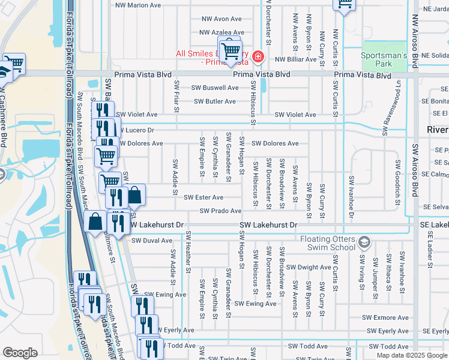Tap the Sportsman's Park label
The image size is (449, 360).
pos(384,59)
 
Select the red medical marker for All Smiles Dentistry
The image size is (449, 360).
pos(258,57)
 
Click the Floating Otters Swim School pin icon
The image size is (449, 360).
pos(363,242)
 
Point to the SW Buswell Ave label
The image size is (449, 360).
pos(215,88)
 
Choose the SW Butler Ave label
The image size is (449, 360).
pos(214,101)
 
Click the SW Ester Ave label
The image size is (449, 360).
pos(203,197)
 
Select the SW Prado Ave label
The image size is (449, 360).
pos(221,211)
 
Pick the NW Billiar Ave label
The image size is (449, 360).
pos(295,59)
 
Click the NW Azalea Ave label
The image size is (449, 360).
pos(221,32)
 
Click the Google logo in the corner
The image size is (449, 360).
pos(20,353)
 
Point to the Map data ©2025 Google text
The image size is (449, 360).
pos(411,355)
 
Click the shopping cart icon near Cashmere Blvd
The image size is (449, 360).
pos(14,63)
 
